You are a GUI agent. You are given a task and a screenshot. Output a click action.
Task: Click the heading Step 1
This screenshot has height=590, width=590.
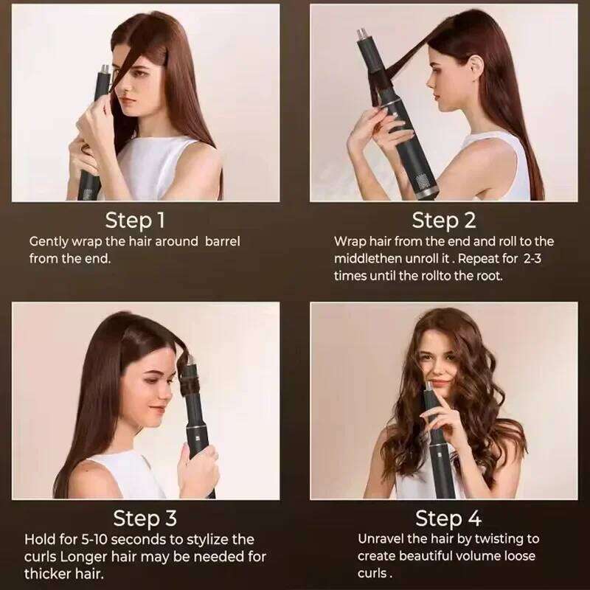(x=136, y=220)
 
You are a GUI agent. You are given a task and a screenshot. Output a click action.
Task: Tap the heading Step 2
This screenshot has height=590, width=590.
(x=444, y=220)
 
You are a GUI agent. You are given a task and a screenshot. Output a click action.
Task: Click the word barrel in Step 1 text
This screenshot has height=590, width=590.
(x=223, y=241)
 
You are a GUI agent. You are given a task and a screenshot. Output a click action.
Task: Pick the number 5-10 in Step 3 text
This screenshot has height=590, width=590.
(x=100, y=538)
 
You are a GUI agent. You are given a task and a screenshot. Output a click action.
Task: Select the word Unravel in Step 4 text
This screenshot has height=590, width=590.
(x=382, y=538)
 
